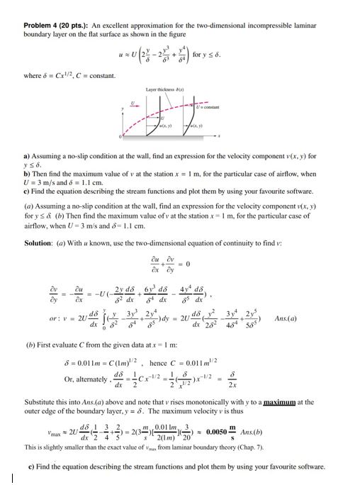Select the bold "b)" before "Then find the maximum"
point(27,173)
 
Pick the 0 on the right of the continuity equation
point(209,259)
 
